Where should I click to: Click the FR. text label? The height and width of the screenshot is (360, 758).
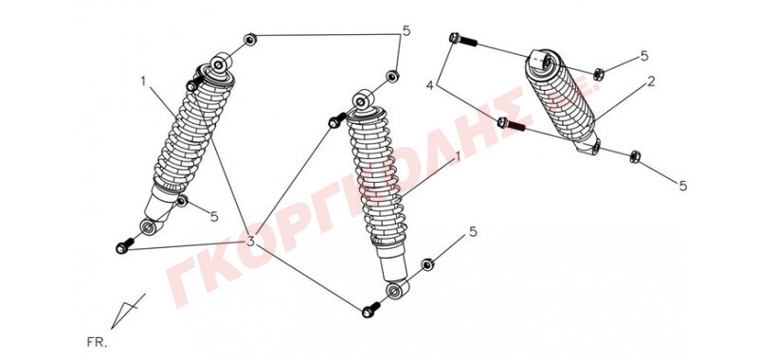pyautogui.click(x=98, y=343)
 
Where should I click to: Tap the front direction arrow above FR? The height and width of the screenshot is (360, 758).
pyautogui.click(x=128, y=311)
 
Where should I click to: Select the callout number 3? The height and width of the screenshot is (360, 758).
pyautogui.click(x=250, y=241)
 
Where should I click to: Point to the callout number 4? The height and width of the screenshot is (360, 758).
pyautogui.click(x=430, y=86)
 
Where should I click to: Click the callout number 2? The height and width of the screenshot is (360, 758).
pyautogui.click(x=651, y=81)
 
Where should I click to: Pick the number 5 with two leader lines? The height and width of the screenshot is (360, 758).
pyautogui.click(x=406, y=31)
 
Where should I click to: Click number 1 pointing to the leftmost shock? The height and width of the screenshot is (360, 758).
pyautogui.click(x=143, y=81)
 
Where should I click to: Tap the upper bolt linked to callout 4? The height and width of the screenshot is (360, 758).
pyautogui.click(x=463, y=40)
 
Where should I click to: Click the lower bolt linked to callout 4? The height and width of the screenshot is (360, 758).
pyautogui.click(x=511, y=124)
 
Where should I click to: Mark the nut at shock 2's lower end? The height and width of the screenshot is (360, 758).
pyautogui.click(x=635, y=156)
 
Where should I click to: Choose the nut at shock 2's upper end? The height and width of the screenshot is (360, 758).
pyautogui.click(x=598, y=74)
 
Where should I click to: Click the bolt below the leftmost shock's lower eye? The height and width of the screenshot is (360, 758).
pyautogui.click(x=125, y=246)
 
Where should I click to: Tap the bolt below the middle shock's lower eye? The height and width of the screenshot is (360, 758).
pyautogui.click(x=370, y=310)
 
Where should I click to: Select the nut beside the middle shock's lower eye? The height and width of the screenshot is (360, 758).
pyautogui.click(x=427, y=264)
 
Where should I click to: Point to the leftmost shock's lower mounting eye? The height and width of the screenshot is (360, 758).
pyautogui.click(x=150, y=226)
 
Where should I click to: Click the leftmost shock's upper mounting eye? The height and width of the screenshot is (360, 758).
pyautogui.click(x=220, y=63)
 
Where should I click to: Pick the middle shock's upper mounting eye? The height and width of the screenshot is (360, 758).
pyautogui.click(x=363, y=100)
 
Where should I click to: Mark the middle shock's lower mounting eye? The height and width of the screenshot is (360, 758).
pyautogui.click(x=397, y=290)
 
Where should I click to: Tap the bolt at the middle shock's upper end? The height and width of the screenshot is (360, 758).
pyautogui.click(x=337, y=121)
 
